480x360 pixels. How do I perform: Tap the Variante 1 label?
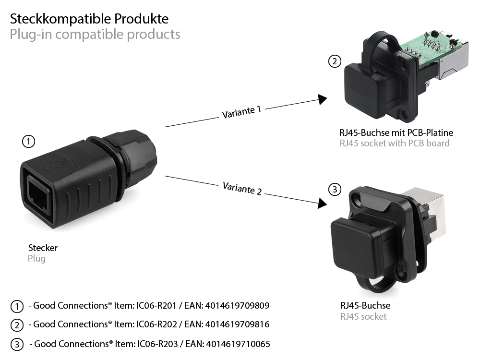(241, 112)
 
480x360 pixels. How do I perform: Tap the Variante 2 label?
(242, 188)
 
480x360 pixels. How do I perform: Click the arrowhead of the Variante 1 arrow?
(323, 99)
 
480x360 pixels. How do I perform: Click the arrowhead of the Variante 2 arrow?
(322, 204)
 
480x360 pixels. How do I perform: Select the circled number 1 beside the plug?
(29, 141)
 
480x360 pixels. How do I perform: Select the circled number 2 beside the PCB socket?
(335, 61)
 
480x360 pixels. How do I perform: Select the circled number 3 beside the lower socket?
(335, 189)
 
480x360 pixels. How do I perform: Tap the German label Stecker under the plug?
(43, 248)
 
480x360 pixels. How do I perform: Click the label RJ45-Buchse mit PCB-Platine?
(396, 132)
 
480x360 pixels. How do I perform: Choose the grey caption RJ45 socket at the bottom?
(363, 316)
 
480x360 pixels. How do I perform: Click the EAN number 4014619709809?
(237, 306)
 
